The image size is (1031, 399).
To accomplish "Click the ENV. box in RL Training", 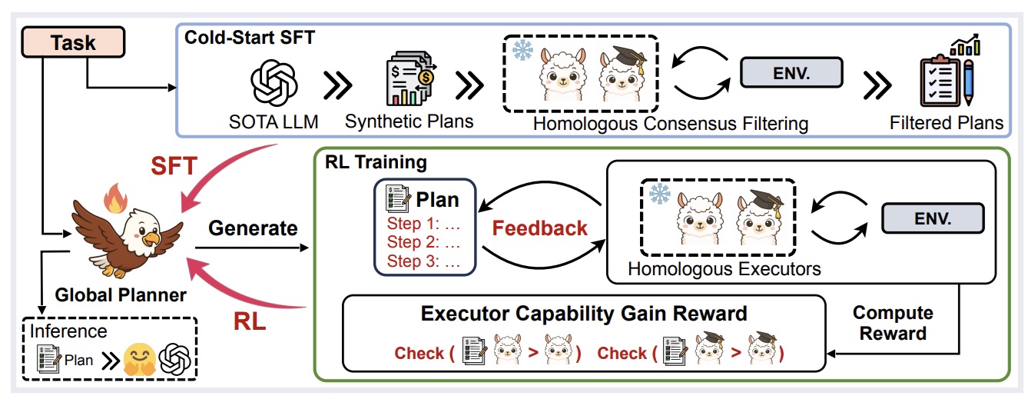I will [932, 218].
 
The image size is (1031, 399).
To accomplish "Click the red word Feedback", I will [539, 228].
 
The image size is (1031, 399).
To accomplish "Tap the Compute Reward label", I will [893, 323].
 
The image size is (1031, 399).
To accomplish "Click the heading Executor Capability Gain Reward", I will [585, 314].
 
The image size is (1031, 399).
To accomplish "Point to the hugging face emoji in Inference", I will [141, 358].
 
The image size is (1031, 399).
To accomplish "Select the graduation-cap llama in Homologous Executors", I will [758, 220].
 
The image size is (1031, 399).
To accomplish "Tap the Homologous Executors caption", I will [724, 268].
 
